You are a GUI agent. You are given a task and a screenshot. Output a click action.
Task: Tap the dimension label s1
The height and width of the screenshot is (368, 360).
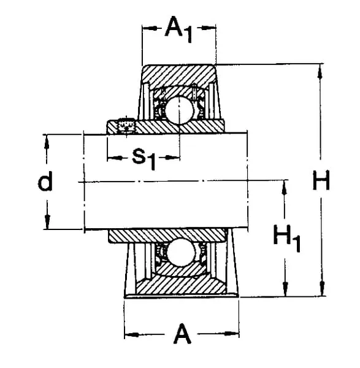coord(144,158)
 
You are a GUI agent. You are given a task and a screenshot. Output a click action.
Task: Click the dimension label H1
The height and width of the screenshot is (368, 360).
coord(286,237)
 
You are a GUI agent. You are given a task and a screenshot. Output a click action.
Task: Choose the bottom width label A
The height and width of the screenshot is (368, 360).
coord(182,335)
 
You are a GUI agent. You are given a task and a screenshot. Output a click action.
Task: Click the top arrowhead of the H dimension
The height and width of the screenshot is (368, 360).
coord(320,69)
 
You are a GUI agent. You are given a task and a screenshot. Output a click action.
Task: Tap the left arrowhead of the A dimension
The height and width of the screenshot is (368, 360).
coord(129,335)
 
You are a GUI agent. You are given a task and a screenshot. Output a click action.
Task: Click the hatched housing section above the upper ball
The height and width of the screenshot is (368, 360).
coord(179,76)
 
